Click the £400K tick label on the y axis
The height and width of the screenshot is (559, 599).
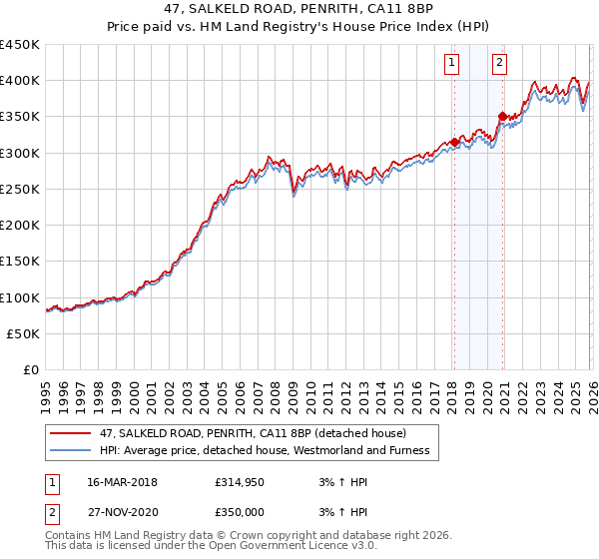20,81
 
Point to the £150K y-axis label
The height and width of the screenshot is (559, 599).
20,262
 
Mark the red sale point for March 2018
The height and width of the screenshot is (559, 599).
454,142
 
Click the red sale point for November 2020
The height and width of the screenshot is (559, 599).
502,117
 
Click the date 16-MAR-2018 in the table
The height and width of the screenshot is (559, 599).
116,483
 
